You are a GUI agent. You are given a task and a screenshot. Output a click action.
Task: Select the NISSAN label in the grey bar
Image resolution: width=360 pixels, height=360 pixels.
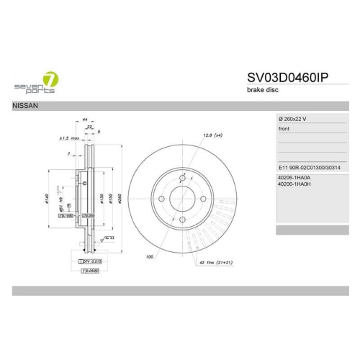coord(26,106)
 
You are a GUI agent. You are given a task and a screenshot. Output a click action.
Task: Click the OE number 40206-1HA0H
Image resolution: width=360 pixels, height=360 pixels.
coord(294,184)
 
